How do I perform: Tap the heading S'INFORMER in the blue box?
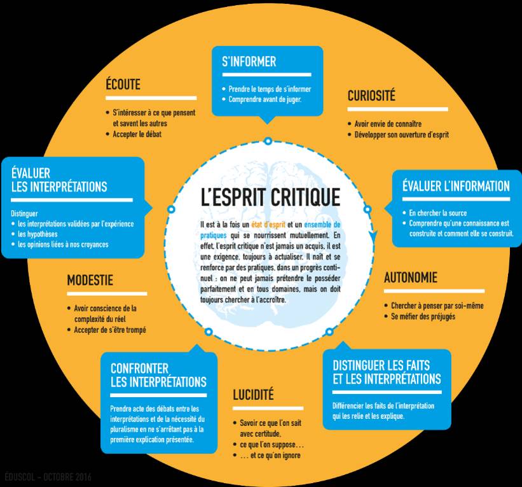coord(249,62)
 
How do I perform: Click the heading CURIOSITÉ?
coord(371,96)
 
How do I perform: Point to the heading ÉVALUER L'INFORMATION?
coord(456,187)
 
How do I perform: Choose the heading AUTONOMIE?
coord(411,278)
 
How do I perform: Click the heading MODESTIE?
coord(90,280)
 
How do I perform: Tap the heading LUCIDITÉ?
coord(253,395)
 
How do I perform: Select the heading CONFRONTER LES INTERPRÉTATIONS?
coord(158,375)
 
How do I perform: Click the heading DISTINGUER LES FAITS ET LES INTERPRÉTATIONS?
coord(387,372)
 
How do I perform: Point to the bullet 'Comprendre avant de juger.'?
coord(265,100)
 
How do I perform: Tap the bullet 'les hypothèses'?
coord(40,234)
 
